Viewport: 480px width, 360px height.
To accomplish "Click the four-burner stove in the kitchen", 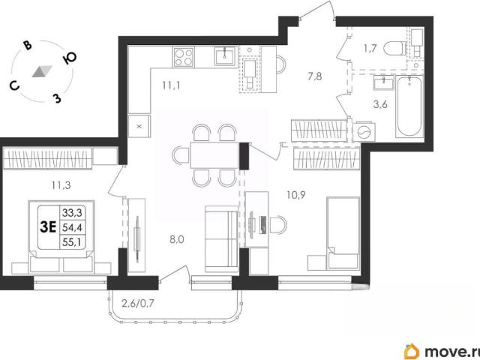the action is pos(183,57).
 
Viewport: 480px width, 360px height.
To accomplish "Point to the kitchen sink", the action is pos(226,55).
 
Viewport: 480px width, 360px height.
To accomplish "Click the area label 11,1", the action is pos(171,85).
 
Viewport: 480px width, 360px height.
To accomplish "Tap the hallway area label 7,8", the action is pos(315,76).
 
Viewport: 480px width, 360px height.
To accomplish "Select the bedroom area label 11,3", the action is pos(61,185).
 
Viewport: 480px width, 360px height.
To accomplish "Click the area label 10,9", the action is pos(296,195).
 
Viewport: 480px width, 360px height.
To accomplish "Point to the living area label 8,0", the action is pos(177,239).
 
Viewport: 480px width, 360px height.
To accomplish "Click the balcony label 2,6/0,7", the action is pos(138,304).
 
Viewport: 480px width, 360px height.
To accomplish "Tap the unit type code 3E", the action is pos(48,227).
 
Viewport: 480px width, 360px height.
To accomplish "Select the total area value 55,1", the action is pos(72,242).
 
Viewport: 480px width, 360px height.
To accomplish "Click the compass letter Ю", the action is pos(70,58).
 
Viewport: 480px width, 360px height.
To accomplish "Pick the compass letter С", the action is pos(14,86).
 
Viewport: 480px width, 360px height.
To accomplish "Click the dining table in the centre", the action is pos(214,155).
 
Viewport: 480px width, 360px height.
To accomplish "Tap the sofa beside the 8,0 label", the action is pos(221,239).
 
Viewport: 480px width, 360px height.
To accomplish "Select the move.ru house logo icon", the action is pos(412,351).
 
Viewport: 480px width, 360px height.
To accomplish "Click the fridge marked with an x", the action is pos(139,127).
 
